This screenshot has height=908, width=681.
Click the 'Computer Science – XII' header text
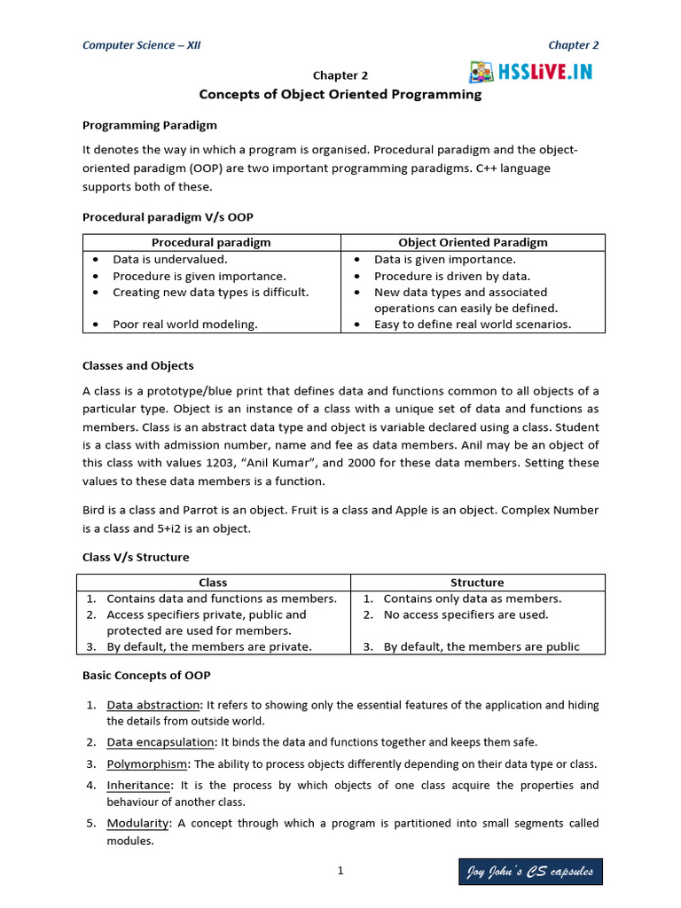[x=141, y=45]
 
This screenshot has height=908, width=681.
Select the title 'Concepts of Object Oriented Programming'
[x=340, y=94]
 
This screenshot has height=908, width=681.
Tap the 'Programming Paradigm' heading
[x=150, y=125]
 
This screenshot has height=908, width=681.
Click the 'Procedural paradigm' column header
[x=211, y=242]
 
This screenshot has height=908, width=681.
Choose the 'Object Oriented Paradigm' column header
[x=473, y=242]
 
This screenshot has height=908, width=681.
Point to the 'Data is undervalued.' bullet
[x=170, y=260]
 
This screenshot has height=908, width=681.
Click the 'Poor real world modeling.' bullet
[x=185, y=325]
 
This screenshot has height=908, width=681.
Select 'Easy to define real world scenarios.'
[x=473, y=325]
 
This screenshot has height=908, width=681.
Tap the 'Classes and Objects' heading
[x=137, y=365]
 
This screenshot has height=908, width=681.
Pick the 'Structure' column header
[x=477, y=583]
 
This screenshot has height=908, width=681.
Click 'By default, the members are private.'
[x=209, y=646]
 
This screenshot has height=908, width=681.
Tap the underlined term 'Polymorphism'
[x=147, y=763]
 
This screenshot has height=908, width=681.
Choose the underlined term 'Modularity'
[x=138, y=823]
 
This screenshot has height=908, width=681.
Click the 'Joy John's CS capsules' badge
[x=531, y=873]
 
